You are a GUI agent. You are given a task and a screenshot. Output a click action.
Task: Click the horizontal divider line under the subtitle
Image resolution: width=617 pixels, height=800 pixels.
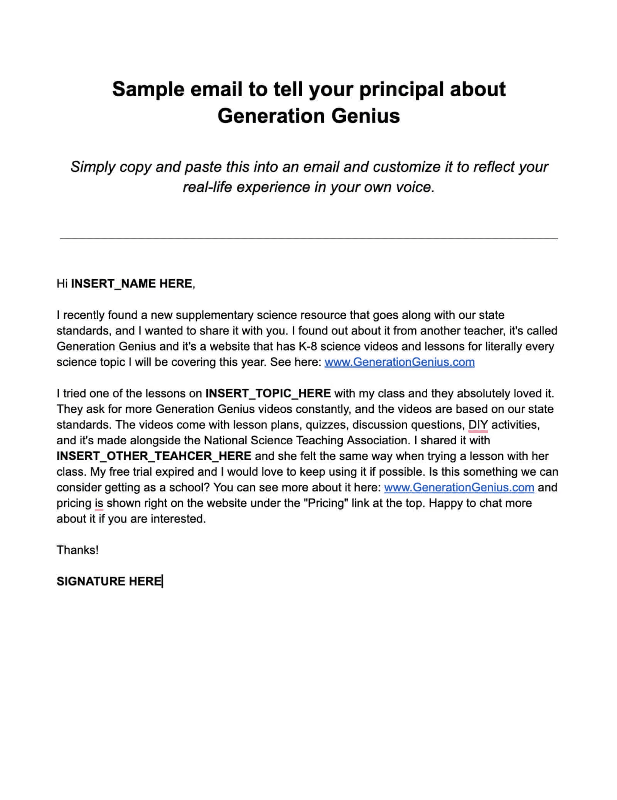pos(308,238)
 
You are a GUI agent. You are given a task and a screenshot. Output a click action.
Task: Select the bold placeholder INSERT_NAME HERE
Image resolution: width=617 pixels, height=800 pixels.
pos(131,284)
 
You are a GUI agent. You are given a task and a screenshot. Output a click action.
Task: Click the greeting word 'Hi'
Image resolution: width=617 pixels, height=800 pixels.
pos(62,284)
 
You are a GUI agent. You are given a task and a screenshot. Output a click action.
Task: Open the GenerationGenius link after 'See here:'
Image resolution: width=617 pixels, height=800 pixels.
pos(399,362)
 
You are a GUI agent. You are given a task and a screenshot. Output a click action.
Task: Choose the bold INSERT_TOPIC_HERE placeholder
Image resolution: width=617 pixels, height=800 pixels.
pos(268,393)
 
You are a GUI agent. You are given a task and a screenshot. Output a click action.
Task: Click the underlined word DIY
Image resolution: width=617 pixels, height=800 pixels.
pos(478,425)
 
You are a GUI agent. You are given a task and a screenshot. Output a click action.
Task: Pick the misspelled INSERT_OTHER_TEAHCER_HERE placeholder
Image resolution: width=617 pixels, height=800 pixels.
pos(154,456)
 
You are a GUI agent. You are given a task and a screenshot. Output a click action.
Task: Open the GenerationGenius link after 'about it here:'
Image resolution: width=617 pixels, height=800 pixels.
pos(459,488)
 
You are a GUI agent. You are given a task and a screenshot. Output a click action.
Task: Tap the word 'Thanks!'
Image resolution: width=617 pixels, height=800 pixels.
pos(78,550)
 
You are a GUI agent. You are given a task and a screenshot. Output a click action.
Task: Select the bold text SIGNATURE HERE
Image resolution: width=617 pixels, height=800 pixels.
pos(109,581)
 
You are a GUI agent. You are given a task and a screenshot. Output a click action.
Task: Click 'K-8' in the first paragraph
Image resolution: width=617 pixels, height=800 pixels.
pos(308,346)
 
